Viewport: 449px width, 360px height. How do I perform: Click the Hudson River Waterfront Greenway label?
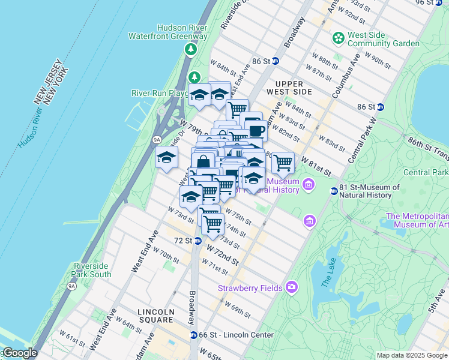coord(167,32)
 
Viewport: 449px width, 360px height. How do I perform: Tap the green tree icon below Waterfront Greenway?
coord(190,49)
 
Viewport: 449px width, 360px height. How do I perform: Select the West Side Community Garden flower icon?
coord(339,38)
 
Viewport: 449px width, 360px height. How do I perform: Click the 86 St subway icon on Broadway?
coord(275,61)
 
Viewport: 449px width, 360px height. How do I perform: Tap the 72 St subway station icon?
coord(197,241)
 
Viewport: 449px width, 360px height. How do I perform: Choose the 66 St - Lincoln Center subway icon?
coord(193,335)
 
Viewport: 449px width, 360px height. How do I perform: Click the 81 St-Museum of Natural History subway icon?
coord(334,191)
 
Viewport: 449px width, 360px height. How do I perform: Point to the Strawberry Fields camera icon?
coord(292,287)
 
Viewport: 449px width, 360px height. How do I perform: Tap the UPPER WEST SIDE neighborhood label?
coord(294,88)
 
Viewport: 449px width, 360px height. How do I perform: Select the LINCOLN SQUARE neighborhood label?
coord(155,316)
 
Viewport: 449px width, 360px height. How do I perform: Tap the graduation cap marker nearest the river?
coord(166,158)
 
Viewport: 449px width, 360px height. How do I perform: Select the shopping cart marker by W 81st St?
coord(283,161)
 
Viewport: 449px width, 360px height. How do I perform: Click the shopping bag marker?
coord(203,162)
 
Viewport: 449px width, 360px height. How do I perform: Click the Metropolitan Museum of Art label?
coord(417,221)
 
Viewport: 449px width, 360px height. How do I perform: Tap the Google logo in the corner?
coord(19,353)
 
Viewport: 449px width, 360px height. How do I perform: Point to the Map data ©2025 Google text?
coord(412,355)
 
